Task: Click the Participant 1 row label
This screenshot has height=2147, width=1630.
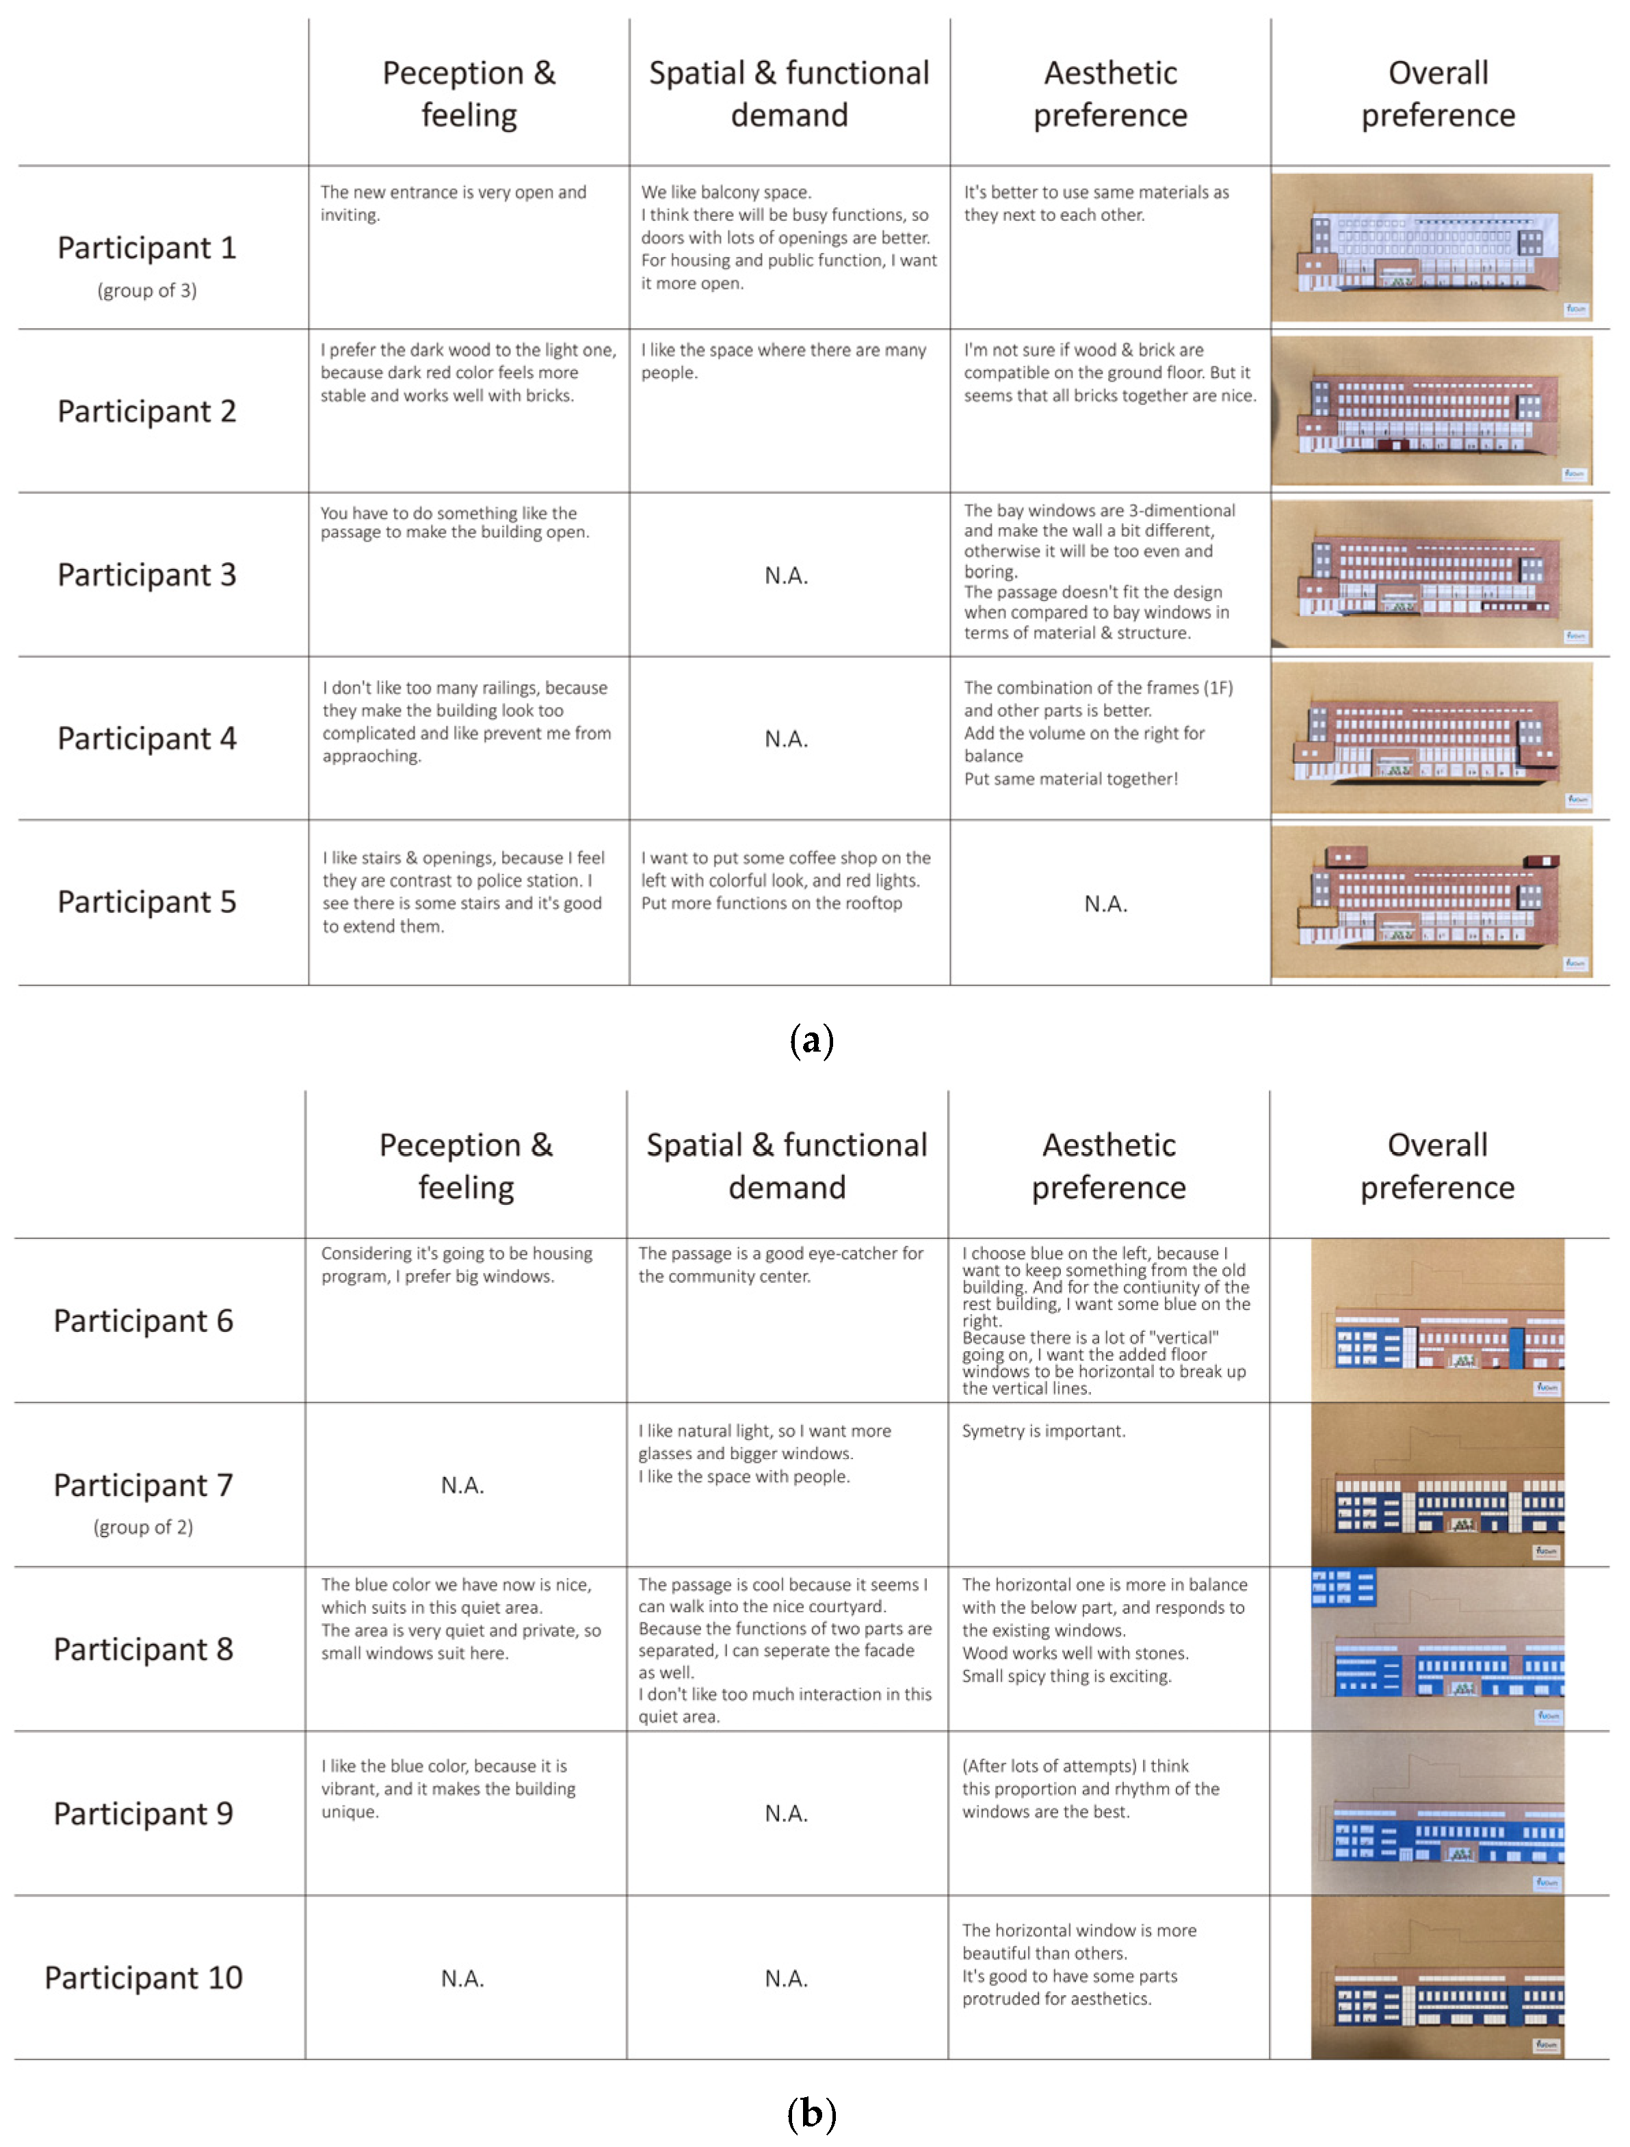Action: [x=146, y=248]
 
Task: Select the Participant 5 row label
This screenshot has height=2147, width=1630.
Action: [x=146, y=903]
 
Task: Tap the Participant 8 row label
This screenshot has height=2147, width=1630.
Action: [x=144, y=1650]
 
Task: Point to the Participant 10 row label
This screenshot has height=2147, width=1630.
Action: [x=144, y=1978]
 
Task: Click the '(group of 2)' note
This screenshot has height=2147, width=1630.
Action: [x=144, y=1528]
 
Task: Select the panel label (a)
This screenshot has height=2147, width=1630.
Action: [x=812, y=1041]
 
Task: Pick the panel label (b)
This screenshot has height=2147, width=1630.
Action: [x=812, y=2113]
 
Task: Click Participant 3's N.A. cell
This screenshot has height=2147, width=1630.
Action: [x=787, y=576]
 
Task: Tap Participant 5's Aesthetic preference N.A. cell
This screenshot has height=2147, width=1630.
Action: [x=1106, y=905]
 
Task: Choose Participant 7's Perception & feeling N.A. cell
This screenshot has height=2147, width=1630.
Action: [x=463, y=1486]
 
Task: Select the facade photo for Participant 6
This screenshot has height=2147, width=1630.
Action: [x=1438, y=1321]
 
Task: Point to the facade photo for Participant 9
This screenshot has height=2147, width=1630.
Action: [x=1438, y=1813]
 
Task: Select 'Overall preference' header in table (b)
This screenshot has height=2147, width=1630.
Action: [x=1437, y=1166]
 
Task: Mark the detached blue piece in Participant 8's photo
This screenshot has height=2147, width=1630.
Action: [x=1343, y=1588]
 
